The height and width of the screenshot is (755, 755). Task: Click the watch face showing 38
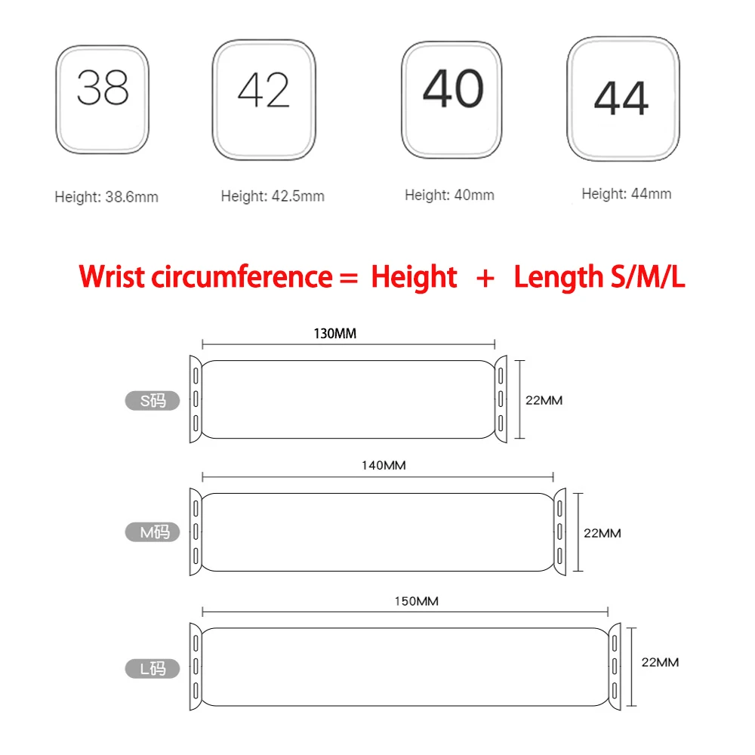pyautogui.click(x=103, y=99)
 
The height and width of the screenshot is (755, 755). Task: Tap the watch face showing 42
pyautogui.click(x=263, y=100)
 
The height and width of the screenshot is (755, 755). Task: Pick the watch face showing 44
pyautogui.click(x=622, y=97)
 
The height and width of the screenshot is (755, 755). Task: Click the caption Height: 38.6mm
pyautogui.click(x=106, y=197)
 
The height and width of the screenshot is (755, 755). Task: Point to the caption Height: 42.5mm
pyautogui.click(x=273, y=196)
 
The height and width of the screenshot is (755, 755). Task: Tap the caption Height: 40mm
pyautogui.click(x=449, y=195)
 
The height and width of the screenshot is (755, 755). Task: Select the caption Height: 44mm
pyautogui.click(x=626, y=193)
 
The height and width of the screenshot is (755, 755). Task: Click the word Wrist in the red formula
pyautogui.click(x=111, y=276)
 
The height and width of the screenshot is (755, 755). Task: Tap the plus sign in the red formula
pyautogui.click(x=485, y=277)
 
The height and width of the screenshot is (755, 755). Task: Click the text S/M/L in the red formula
pyautogui.click(x=646, y=277)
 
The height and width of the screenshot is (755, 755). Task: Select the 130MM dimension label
pyautogui.click(x=334, y=333)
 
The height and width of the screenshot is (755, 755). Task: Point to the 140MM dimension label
pyautogui.click(x=384, y=465)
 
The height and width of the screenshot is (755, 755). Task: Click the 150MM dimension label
pyautogui.click(x=416, y=601)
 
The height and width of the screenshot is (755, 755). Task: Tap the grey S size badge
pyautogui.click(x=152, y=400)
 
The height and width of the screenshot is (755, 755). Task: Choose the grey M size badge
pyautogui.click(x=152, y=532)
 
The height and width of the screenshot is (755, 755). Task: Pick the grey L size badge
pyautogui.click(x=152, y=667)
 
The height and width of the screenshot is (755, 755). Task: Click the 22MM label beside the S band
pyautogui.click(x=544, y=400)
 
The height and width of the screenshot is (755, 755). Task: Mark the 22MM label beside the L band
pyautogui.click(x=659, y=662)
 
